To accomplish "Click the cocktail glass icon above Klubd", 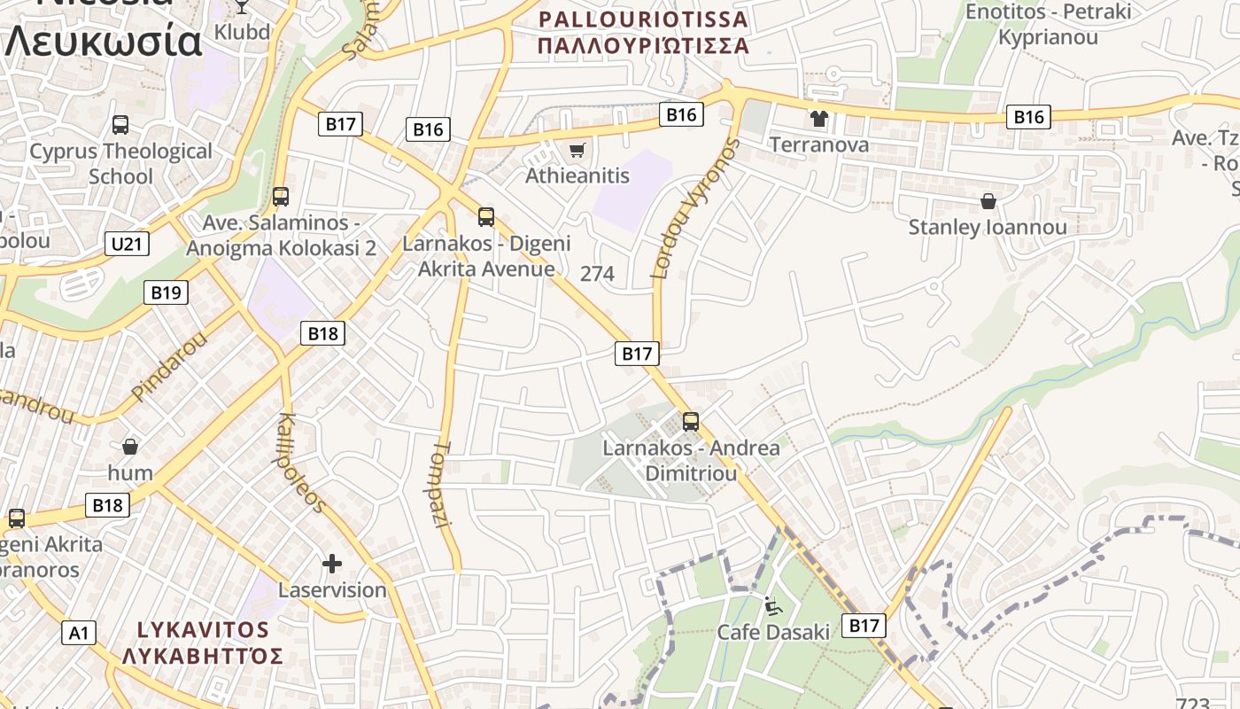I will pos(242,5).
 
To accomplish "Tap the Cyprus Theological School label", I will pos(120,163).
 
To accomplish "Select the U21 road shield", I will pos(127,244).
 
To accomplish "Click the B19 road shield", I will pos(166,292).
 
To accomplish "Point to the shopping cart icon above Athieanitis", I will pos(577,150).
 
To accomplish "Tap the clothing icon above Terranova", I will pos(818,118).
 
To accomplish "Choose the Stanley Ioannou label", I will pos(988,227).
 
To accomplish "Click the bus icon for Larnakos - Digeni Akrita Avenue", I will pos(485,216).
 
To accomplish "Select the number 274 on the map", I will pos(597,274).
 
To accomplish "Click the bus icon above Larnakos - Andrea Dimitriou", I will pos(691,422).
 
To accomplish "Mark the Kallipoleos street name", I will pos(302,463).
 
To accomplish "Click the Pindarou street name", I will pos(168,365).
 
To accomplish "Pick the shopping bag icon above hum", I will pos(130,446).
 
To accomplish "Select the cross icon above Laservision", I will pos(332,563).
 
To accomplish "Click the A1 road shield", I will pos(79,633).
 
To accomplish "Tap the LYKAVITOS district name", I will pos(203,630).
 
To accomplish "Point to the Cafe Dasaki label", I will pos(773,632).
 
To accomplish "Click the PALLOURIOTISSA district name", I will pos(644,19).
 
